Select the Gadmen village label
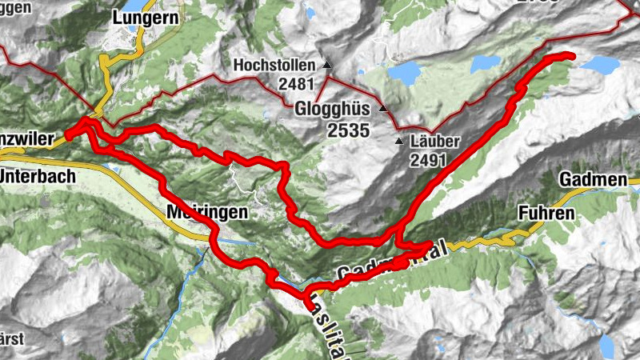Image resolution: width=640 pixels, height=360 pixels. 594,179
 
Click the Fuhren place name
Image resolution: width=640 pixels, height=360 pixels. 546,214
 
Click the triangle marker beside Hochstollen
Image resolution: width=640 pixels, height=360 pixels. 326,64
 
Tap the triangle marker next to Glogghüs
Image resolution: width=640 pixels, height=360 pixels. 382,108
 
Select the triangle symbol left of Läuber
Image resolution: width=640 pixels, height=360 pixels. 399,142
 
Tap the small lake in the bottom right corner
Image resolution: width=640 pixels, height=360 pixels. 609,346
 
